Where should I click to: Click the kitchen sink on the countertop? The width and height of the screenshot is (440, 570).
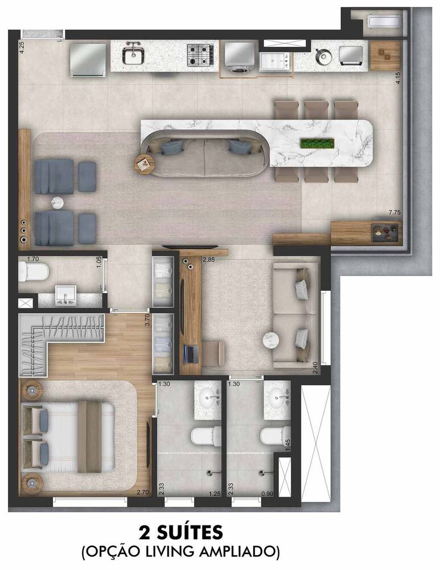click(x=134, y=55)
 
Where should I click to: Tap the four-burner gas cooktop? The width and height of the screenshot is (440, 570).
click(x=200, y=55)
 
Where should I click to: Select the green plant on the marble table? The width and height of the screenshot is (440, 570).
click(x=317, y=143)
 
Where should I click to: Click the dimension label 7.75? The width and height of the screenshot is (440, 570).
click(x=394, y=212)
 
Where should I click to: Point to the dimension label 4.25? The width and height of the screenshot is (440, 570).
click(x=22, y=48)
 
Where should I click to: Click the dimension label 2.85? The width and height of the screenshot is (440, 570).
click(x=209, y=259)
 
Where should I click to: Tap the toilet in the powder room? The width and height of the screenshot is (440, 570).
click(x=34, y=271)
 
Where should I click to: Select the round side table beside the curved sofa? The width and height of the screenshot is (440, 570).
click(x=144, y=164)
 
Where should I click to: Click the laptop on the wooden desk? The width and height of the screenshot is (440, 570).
click(x=190, y=354)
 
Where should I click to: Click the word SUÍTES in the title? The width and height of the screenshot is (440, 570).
click(x=190, y=532)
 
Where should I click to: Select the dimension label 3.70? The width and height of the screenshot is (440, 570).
click(x=147, y=320)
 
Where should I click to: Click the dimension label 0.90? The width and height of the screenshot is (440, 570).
click(x=268, y=494)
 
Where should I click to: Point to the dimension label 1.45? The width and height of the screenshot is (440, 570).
click(x=288, y=445)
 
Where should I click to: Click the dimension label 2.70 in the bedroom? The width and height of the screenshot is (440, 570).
click(x=143, y=492)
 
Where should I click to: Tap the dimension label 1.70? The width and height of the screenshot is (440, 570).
click(x=33, y=259)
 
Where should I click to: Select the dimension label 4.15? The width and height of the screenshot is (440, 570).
click(x=398, y=78)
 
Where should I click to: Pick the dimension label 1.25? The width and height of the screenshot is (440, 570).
click(x=215, y=494)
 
